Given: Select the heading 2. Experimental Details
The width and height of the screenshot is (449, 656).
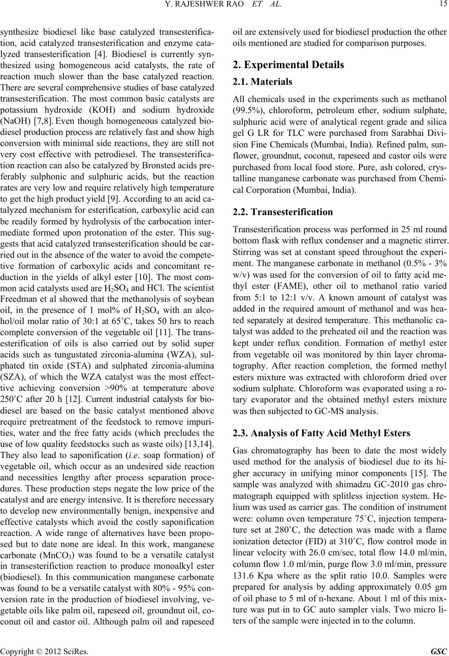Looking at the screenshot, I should pyautogui.click(x=289, y=64).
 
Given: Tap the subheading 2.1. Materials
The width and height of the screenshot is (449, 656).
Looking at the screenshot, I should pyautogui.click(x=263, y=82).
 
